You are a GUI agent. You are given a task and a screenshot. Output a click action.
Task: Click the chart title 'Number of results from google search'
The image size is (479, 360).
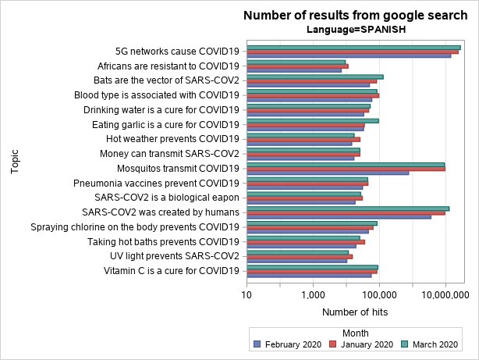pyautogui.click(x=356, y=16)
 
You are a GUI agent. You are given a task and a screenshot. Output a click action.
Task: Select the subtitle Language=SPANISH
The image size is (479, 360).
pyautogui.click(x=356, y=30)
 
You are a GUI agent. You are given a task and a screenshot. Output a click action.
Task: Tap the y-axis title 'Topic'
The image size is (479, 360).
pyautogui.click(x=16, y=162)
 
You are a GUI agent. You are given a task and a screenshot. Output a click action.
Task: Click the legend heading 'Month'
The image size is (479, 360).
pyautogui.click(x=356, y=333)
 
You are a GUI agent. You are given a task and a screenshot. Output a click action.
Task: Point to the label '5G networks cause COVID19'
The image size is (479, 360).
pyautogui.click(x=177, y=52)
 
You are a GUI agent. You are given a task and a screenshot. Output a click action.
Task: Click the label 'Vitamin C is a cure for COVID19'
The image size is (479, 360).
pyautogui.click(x=172, y=271)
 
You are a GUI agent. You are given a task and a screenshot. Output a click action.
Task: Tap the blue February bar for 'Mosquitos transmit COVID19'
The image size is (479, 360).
pyautogui.click(x=328, y=173)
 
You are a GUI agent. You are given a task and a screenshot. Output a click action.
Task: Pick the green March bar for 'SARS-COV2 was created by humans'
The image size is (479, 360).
pyautogui.click(x=348, y=208)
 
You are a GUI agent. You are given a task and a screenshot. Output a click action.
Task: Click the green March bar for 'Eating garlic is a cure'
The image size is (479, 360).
pyautogui.click(x=312, y=120)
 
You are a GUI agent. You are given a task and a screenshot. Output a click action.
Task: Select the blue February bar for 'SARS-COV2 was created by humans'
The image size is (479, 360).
pyautogui.click(x=339, y=216)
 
